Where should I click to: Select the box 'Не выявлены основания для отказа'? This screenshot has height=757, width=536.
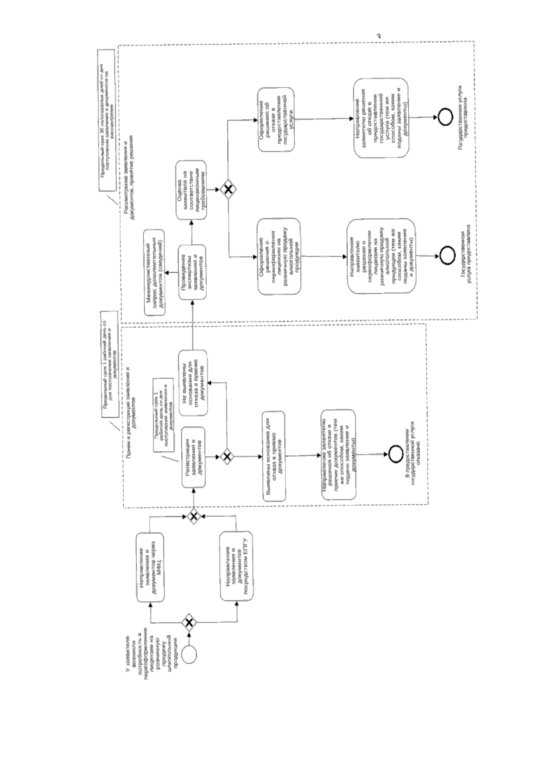point(193,383)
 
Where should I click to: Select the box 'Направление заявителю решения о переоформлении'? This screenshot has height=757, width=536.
point(381,256)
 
